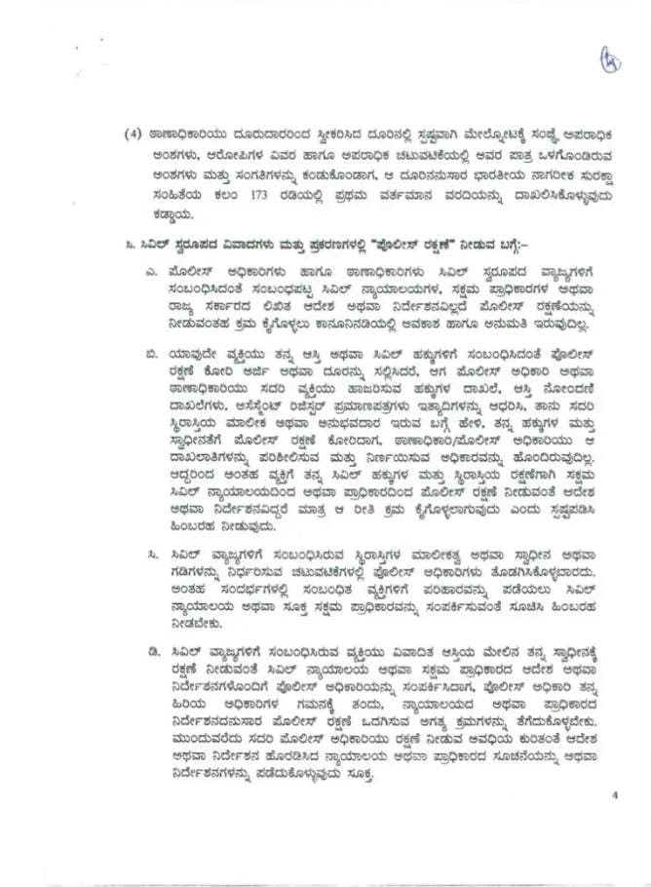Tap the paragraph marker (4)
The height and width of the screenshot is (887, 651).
click(x=134, y=135)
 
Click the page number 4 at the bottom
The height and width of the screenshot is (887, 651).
click(x=616, y=794)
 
